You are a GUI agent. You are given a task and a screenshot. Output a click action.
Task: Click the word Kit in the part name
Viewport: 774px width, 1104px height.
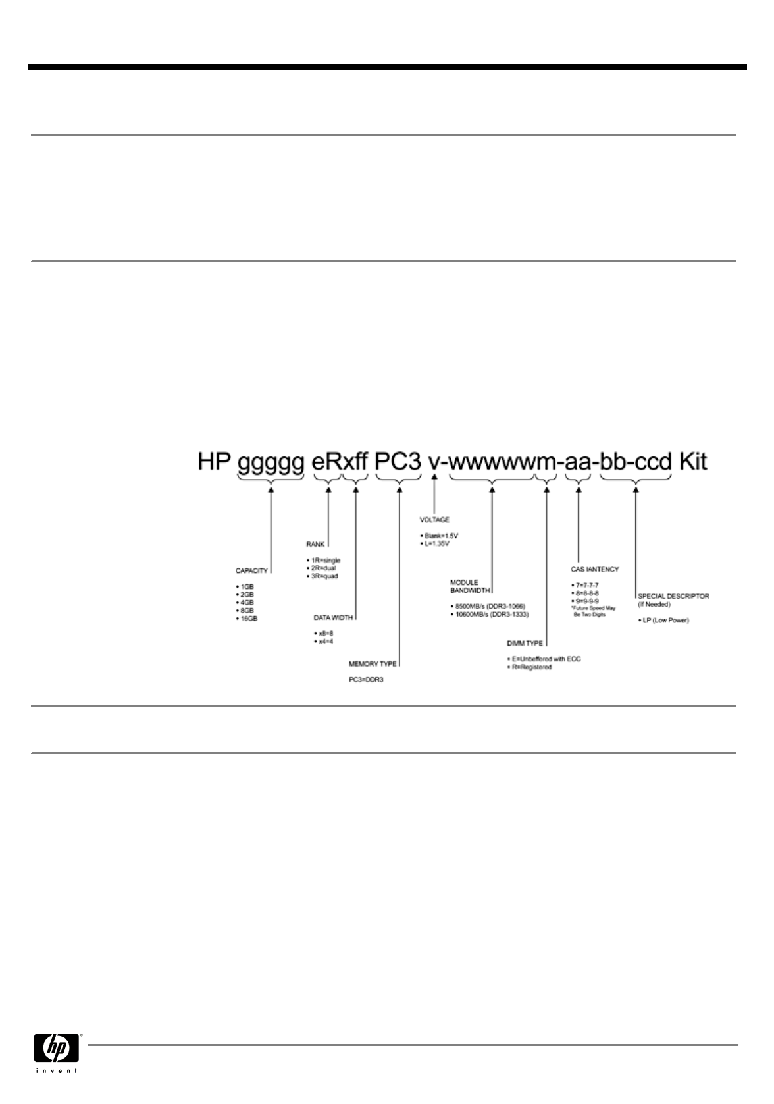point(692,462)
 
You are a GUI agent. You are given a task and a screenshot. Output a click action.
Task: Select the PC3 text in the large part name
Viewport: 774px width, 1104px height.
point(398,462)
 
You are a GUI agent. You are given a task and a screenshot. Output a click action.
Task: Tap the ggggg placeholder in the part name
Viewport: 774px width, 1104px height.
point(271,463)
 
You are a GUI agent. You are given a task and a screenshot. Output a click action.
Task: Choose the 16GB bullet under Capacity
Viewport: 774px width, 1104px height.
point(247,619)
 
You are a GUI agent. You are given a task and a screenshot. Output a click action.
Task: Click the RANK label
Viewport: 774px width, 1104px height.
point(315,544)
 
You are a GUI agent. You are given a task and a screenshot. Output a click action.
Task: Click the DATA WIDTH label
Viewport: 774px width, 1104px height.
point(333,617)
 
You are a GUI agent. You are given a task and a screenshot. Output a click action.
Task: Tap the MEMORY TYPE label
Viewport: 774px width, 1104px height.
point(373,664)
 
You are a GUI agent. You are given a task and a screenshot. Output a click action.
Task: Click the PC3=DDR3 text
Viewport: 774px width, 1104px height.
point(366,680)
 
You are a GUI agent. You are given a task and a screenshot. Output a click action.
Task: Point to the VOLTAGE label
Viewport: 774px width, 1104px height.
point(434,520)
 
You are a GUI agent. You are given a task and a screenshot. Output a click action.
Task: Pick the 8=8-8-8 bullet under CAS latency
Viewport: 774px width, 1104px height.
point(586,593)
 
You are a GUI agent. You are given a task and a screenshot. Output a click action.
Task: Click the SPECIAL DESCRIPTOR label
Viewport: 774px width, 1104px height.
point(674,596)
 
